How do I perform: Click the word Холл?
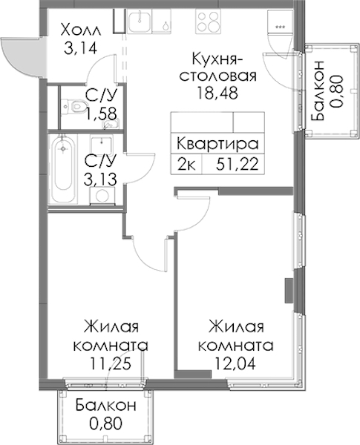(x=81, y=30)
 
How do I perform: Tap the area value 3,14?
(x=81, y=48)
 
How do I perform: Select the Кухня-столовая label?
(x=218, y=67)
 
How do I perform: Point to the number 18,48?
(x=217, y=93)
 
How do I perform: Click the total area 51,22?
(x=238, y=164)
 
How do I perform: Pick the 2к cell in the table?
(x=186, y=165)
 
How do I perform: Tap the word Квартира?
(x=217, y=144)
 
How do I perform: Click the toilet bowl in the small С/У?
(x=73, y=106)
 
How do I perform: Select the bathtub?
(x=63, y=169)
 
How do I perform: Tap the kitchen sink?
(x=140, y=20)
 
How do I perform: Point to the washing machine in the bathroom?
(x=101, y=196)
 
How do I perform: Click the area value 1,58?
(x=102, y=113)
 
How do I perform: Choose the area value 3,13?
(x=100, y=179)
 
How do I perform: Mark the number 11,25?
(x=111, y=363)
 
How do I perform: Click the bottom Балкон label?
(x=105, y=406)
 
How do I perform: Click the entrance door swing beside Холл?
(x=21, y=58)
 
